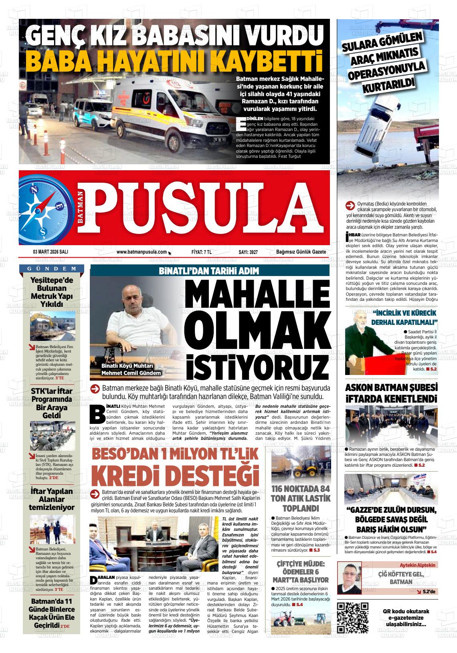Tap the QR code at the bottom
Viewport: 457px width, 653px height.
click(353, 617)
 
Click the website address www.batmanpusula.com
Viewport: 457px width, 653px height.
click(142, 252)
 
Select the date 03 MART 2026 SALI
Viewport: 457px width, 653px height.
click(51, 252)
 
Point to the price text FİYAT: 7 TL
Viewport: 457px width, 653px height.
click(201, 252)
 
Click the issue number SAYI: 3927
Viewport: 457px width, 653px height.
click(248, 252)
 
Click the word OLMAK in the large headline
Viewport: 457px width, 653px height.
click(253, 326)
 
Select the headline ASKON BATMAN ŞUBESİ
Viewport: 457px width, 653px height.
click(391, 388)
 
